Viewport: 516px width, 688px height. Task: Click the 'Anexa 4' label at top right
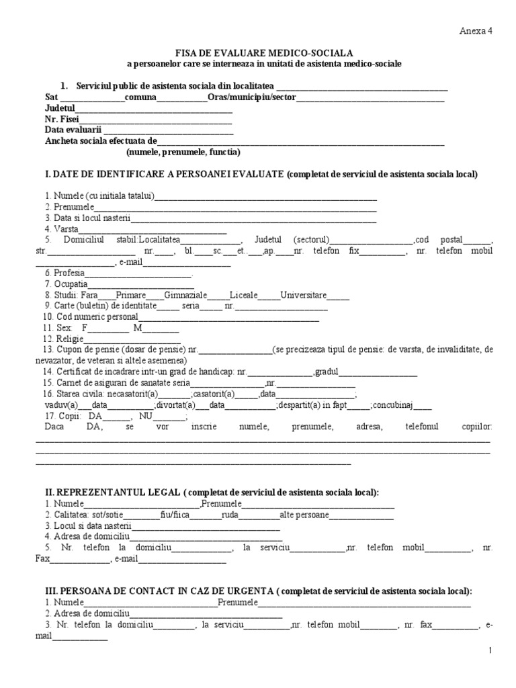476,31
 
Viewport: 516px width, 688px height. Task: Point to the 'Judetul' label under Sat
60,108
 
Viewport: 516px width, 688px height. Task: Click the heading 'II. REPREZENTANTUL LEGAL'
111,492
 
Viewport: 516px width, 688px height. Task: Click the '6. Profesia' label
64,273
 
